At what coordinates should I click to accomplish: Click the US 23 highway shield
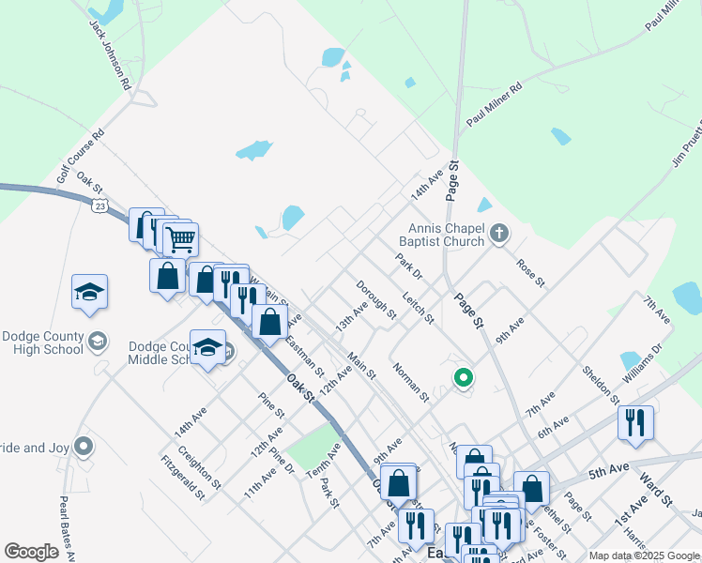99,205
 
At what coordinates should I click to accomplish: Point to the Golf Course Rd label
79,155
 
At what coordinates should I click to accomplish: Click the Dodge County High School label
43,343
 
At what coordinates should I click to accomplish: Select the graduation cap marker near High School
89,292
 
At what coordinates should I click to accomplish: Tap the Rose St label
530,270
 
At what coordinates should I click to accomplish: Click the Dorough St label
375,297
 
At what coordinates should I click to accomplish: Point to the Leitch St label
418,307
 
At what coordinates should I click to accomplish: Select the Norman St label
411,382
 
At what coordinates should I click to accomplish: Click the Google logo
32,552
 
